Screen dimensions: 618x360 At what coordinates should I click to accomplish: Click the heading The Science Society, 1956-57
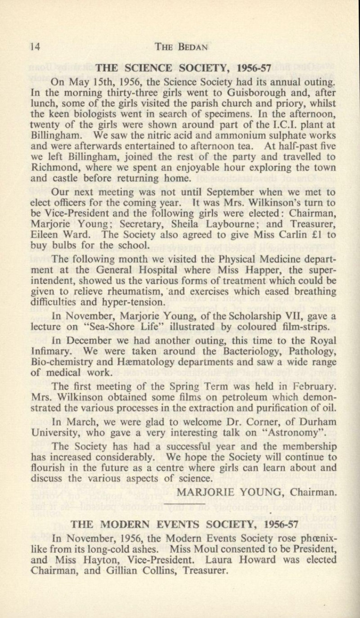[184, 67]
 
